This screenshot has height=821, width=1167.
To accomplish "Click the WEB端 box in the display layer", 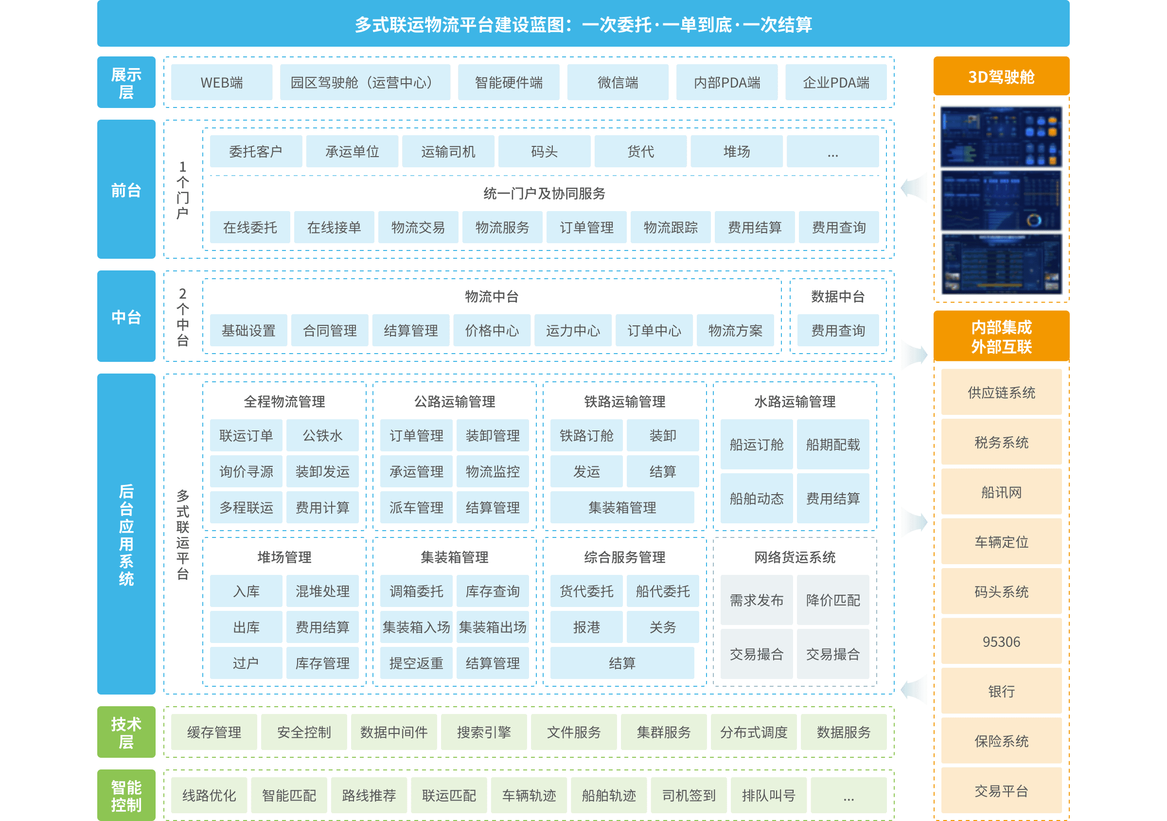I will click(x=222, y=82).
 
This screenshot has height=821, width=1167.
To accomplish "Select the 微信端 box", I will click(x=618, y=82).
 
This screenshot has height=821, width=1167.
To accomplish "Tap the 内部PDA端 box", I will click(x=727, y=82).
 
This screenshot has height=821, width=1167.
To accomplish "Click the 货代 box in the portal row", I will click(x=640, y=151).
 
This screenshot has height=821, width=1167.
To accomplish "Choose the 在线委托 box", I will click(x=250, y=227).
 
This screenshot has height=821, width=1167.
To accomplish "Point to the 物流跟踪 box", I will click(x=671, y=227).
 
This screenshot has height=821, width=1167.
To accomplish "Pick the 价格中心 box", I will click(x=492, y=330).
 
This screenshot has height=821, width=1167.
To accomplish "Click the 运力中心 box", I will click(x=573, y=330).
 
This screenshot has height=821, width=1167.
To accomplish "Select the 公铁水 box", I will click(x=322, y=436).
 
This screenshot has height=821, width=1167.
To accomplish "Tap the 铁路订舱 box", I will click(x=586, y=436).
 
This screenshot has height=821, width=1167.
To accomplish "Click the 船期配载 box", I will click(x=832, y=445).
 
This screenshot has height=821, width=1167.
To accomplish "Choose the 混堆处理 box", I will click(x=322, y=591).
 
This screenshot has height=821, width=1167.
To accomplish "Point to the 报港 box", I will click(x=586, y=627).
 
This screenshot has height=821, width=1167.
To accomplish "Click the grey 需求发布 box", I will click(x=756, y=600).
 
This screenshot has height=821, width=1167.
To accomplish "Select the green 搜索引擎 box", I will click(x=484, y=732).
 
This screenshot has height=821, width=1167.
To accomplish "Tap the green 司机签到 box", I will click(x=689, y=795).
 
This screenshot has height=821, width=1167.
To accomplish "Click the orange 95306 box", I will click(x=1001, y=642).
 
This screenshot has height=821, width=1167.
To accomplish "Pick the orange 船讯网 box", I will click(x=1001, y=492).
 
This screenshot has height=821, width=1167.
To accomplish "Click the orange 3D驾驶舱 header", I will click(x=1001, y=77).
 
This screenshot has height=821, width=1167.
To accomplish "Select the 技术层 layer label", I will click(x=126, y=732).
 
